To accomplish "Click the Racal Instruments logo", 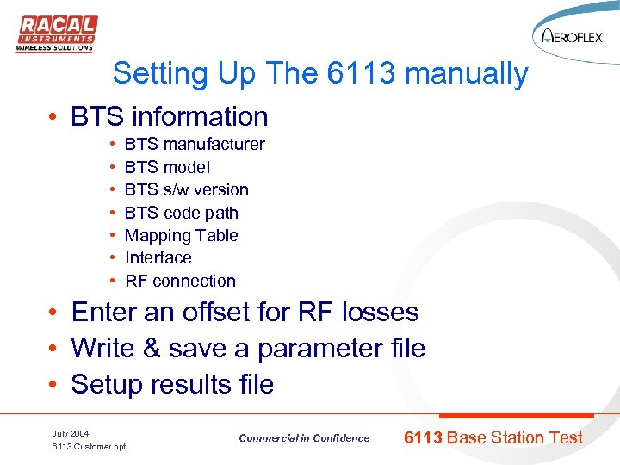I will point(56,34).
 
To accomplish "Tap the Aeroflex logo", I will point(569,37).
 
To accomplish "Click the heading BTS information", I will point(170,116).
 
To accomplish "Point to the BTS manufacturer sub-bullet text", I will point(195,145).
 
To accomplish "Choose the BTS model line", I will point(167,167).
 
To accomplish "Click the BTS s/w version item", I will point(187,190).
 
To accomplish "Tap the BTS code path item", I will point(182,213).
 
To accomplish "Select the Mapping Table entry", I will point(182,235).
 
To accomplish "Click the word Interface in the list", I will point(158,257).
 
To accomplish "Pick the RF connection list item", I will point(180,281).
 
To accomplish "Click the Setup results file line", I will point(172,384).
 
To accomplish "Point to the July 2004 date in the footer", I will point(71,433).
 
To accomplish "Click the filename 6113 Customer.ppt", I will point(89,447).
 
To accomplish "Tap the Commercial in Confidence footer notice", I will point(304,438).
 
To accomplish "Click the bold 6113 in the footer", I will point(423,437).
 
